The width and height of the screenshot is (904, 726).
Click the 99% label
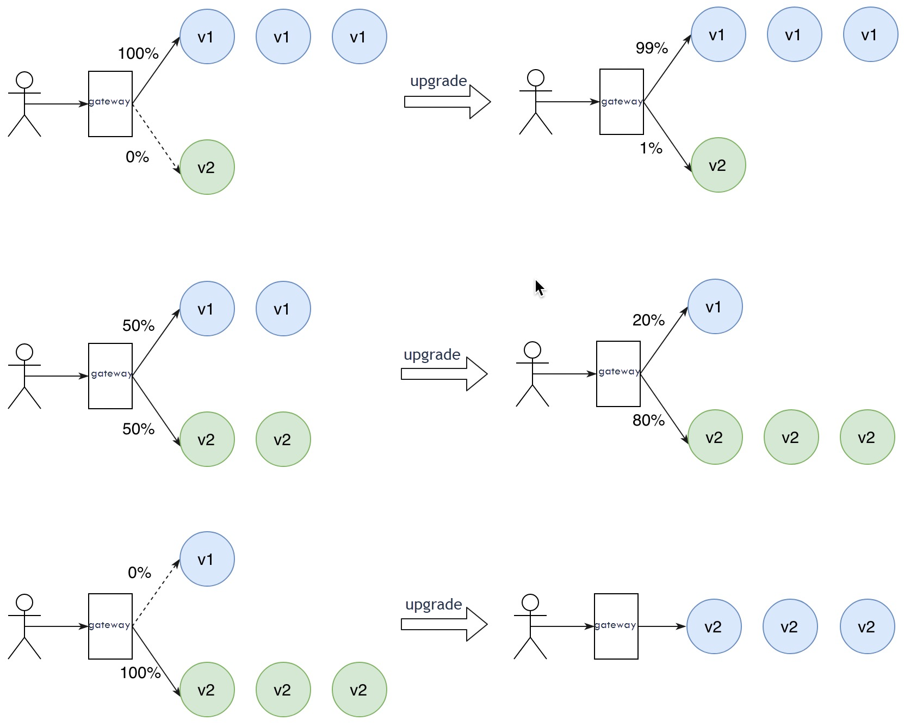point(652,48)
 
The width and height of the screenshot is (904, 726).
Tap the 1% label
point(651,148)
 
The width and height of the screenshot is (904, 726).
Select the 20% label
point(648,320)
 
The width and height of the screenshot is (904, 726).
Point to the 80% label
point(648,420)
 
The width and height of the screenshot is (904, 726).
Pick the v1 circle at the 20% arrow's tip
point(715,306)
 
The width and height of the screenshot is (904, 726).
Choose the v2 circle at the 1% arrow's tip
point(718,165)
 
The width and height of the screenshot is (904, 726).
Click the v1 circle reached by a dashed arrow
point(207,559)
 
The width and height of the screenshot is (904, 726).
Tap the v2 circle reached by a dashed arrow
point(207,167)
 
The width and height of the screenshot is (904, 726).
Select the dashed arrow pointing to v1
point(156,593)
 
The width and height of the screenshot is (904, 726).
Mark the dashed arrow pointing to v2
point(156,138)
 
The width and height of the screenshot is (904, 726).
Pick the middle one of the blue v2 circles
point(790,626)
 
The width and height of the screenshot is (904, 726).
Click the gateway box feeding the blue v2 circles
point(616,626)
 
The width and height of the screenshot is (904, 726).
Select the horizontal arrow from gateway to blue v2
point(662,626)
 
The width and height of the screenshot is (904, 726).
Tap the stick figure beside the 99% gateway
point(536,102)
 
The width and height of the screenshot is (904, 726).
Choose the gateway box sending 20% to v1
point(618,374)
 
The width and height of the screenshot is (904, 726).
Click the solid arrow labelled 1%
point(667,136)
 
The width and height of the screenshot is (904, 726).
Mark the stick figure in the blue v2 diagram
point(530,626)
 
